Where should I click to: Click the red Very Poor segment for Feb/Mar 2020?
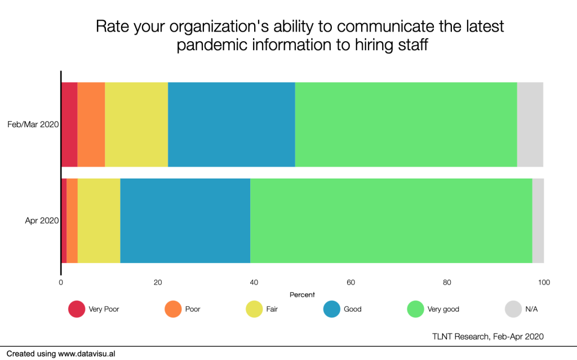point(69,125)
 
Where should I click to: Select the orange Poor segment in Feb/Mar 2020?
point(91,125)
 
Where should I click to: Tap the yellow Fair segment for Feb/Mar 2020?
point(136,125)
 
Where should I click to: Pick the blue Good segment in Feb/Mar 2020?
point(232,125)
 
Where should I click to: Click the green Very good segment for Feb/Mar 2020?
point(406,125)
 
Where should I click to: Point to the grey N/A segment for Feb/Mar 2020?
point(530,125)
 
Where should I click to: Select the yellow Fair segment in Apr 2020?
point(99,221)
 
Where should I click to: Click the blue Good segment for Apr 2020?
point(185,221)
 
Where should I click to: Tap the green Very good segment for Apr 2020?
point(391,221)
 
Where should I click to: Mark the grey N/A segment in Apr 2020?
point(538,221)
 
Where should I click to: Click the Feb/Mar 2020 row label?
point(33,125)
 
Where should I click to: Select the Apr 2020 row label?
point(42,220)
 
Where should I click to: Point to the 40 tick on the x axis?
point(254,282)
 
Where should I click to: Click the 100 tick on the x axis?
point(544,282)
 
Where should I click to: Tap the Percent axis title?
point(302,295)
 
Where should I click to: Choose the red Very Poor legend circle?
point(77,309)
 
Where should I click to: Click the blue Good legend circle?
point(331,309)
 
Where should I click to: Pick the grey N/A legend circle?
point(513,309)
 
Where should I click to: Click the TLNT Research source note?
point(488,336)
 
